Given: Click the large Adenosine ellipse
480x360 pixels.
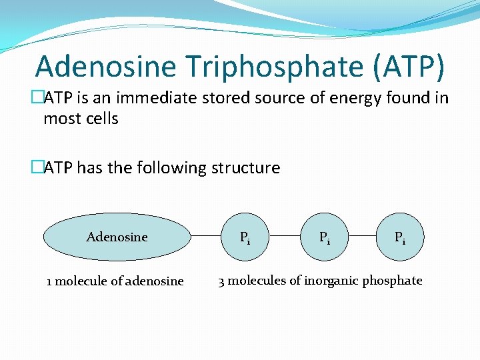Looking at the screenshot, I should tap(117, 237).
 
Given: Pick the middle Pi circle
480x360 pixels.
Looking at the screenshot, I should tap(324, 237).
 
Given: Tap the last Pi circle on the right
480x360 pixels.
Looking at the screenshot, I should tap(399, 237).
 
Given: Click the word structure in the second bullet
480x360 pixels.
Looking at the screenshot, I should tap(245, 168).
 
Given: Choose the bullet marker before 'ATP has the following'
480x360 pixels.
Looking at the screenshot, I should tap(38, 168).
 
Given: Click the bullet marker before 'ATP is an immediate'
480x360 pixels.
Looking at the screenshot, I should tap(38, 98).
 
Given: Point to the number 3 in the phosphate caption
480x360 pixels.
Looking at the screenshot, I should tap(221, 281).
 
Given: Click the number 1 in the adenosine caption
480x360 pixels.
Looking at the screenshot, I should tap(49, 281).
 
